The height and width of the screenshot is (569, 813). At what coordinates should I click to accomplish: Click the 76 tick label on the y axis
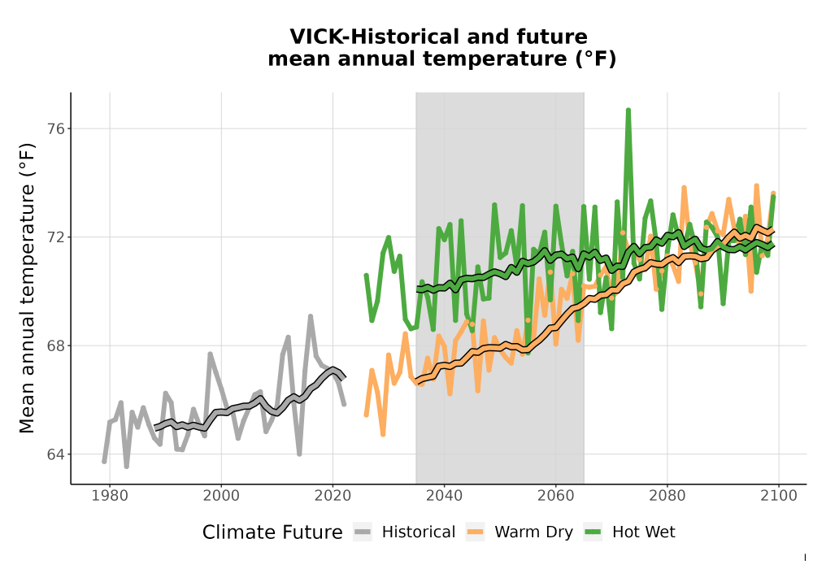click(x=55, y=128)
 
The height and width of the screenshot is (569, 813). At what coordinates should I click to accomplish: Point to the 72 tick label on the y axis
click(x=55, y=237)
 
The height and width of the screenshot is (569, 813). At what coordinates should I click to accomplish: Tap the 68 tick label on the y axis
click(x=55, y=345)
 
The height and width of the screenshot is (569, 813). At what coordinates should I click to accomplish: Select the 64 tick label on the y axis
click(x=55, y=454)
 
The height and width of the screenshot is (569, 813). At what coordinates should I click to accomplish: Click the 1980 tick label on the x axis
click(x=110, y=496)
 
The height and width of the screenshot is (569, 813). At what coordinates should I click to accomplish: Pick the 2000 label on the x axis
click(x=221, y=496)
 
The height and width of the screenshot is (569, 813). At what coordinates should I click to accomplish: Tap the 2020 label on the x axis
click(x=333, y=496)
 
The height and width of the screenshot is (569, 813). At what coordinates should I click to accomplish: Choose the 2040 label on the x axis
click(x=445, y=496)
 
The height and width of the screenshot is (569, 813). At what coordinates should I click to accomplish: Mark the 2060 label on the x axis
click(x=556, y=496)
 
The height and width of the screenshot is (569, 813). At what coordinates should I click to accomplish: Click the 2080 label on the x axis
click(x=667, y=496)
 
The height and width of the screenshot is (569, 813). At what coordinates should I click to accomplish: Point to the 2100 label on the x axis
click(x=779, y=496)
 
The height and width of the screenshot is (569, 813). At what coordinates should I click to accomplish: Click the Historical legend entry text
click(x=419, y=532)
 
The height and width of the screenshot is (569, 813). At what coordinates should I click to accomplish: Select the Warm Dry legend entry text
click(x=533, y=532)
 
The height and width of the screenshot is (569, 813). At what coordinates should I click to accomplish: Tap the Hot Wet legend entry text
click(x=643, y=532)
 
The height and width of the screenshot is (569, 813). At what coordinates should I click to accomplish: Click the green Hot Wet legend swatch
click(x=593, y=532)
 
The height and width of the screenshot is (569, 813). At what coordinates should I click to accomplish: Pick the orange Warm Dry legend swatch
click(x=476, y=532)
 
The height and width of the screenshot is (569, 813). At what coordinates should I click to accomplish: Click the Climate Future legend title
click(x=272, y=532)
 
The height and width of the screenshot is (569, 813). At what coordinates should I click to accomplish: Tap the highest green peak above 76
click(x=628, y=111)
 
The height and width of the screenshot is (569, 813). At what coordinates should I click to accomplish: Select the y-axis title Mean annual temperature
click(x=27, y=288)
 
